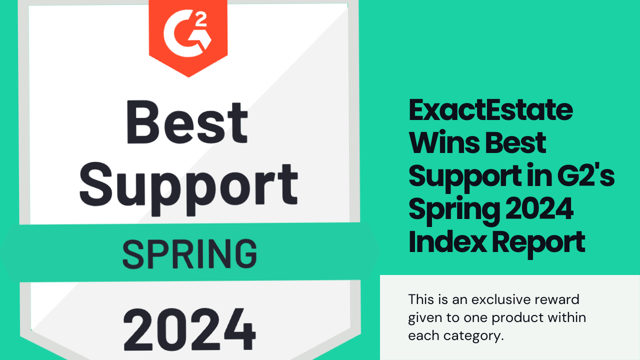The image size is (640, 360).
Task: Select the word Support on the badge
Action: pos(188,184)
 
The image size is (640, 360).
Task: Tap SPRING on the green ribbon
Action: pos(189,253)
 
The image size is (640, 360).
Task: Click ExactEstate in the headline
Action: pos(490,110)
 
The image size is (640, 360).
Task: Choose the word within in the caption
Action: pos(568,317)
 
